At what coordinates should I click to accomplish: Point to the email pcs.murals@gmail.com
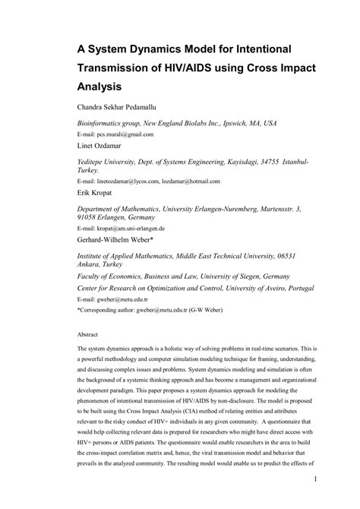click(125, 134)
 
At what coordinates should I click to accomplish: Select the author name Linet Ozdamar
click(103, 144)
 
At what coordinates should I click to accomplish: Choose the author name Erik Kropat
click(96, 193)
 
